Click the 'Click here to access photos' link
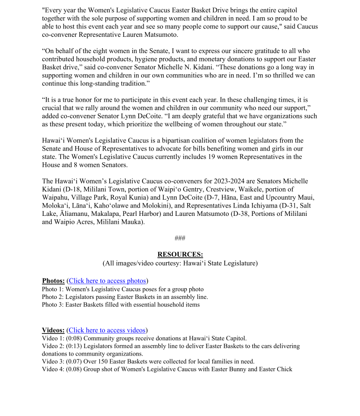pyautogui.click(x=107, y=281)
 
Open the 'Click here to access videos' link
pyautogui.click(x=107, y=330)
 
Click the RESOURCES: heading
pyautogui.click(x=180, y=254)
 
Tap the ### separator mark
pyautogui.click(x=180, y=238)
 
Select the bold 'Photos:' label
pyautogui.click(x=53, y=281)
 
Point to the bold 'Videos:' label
pyautogui.click(x=53, y=330)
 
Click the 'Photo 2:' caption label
pyautogui.click(x=53, y=297)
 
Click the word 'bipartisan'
pyautogui.click(x=160, y=141)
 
